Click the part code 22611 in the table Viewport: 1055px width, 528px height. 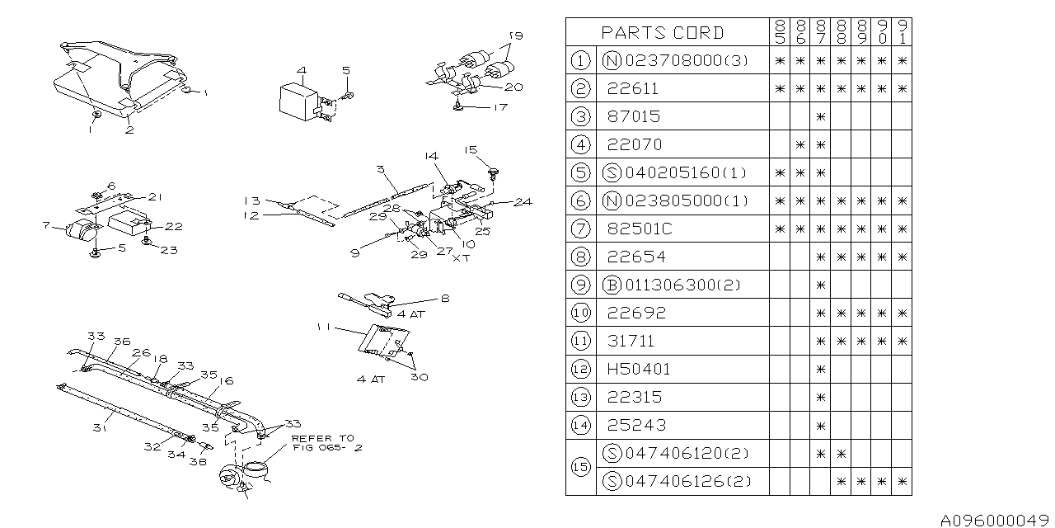[x=632, y=88]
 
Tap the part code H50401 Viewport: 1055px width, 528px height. [x=638, y=369]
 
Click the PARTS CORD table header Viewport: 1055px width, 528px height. [x=662, y=32]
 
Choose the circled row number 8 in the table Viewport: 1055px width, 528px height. [x=581, y=257]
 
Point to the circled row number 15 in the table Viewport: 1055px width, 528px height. [x=581, y=467]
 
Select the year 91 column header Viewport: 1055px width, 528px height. [x=902, y=32]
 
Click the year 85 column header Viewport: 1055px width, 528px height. [x=780, y=32]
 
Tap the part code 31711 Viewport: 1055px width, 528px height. [x=632, y=341]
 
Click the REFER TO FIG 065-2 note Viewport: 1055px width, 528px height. [x=325, y=443]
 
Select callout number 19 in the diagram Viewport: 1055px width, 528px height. [x=515, y=36]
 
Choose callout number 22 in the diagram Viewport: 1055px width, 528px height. [x=174, y=226]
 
